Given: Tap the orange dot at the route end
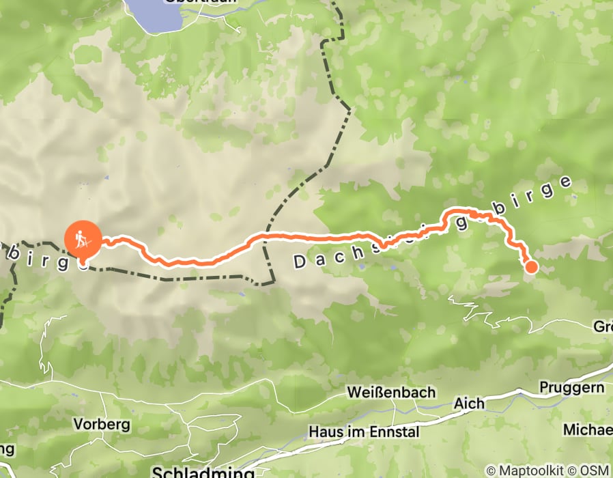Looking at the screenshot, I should [530, 267].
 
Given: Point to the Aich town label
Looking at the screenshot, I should [470, 403].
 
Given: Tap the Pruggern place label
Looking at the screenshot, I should [572, 387].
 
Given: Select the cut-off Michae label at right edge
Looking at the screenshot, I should [588, 430].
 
